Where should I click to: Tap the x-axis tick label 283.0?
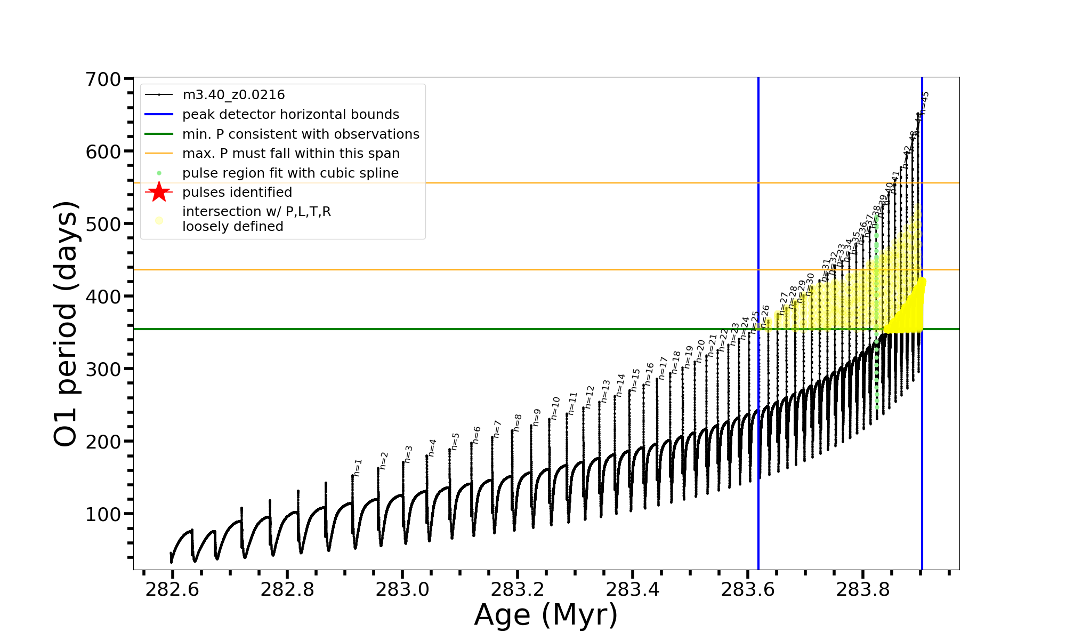pyautogui.click(x=402, y=589)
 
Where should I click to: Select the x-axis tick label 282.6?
pyautogui.click(x=172, y=589)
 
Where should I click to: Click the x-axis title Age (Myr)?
pyautogui.click(x=546, y=615)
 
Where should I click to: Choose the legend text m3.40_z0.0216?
pyautogui.click(x=233, y=95)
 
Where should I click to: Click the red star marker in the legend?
pyautogui.click(x=159, y=192)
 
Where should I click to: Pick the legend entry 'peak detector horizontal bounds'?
pyautogui.click(x=290, y=115)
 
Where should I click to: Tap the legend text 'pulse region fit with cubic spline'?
pyautogui.click(x=290, y=173)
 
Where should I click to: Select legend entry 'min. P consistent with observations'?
pyautogui.click(x=301, y=134)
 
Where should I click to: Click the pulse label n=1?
pyautogui.click(x=358, y=467)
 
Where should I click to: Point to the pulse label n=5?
pyautogui.click(x=455, y=441)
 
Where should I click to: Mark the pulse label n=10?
pyautogui.click(x=556, y=408)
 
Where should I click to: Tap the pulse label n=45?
pyautogui.click(x=925, y=102)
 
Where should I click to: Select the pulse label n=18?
pyautogui.click(x=676, y=362)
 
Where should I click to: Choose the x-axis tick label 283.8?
pyautogui.click(x=862, y=589)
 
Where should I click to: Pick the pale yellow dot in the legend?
pyautogui.click(x=159, y=220)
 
